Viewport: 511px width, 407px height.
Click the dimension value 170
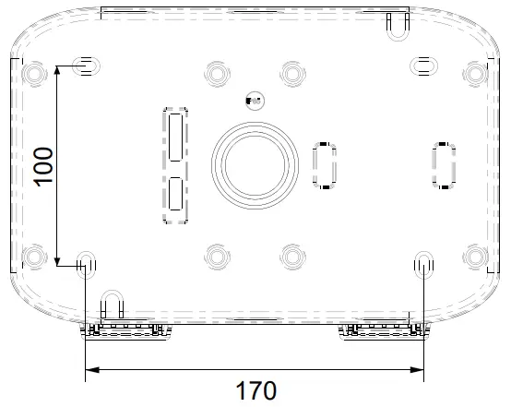255,390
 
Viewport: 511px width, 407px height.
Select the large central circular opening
255,163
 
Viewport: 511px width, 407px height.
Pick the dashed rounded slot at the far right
444,165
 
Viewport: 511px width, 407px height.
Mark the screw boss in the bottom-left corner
34,256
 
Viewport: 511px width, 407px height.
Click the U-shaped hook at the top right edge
397,27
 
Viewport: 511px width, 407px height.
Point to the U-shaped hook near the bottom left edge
112,304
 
